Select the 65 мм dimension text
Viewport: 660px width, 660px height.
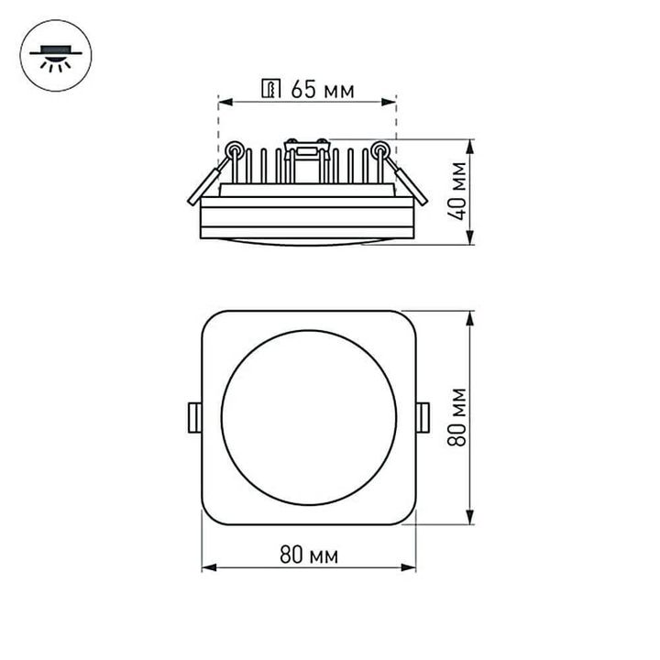(321, 89)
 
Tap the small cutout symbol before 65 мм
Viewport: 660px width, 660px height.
(271, 89)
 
